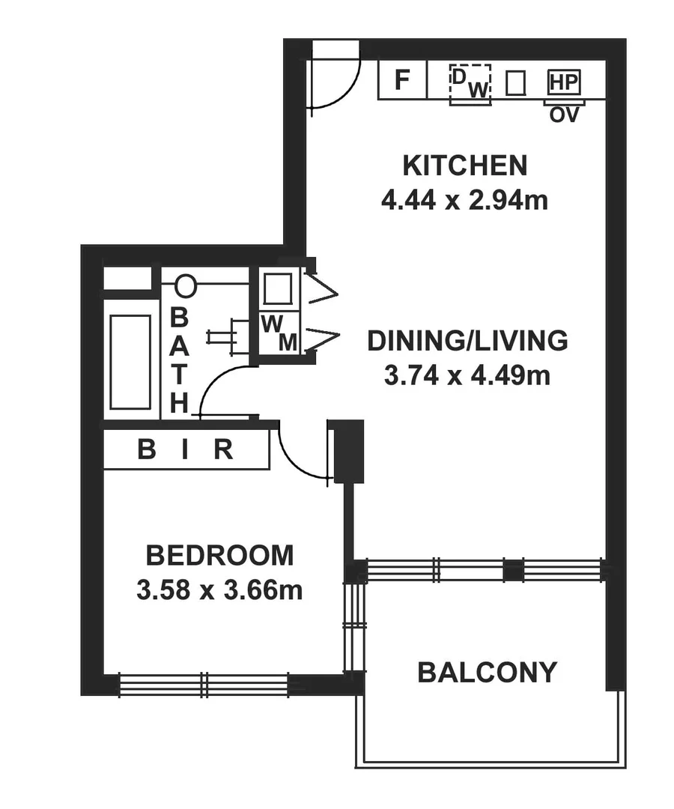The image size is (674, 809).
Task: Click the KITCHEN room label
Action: (x=464, y=165)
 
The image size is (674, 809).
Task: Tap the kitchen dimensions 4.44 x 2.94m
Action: (x=464, y=201)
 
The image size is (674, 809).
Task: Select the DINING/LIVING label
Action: (x=467, y=341)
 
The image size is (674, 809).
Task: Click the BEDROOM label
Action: (x=219, y=556)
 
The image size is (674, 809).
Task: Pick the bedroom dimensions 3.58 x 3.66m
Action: (x=219, y=591)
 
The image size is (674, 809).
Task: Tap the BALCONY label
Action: (x=487, y=672)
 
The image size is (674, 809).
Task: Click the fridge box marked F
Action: (x=402, y=79)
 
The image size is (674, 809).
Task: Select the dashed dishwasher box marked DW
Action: (x=470, y=83)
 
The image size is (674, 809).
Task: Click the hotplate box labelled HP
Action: (x=564, y=82)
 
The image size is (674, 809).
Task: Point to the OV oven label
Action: (x=564, y=115)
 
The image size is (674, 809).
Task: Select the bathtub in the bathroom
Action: (x=130, y=362)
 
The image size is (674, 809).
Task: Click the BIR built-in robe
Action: (x=186, y=450)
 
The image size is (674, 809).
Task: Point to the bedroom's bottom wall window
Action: (x=204, y=685)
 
